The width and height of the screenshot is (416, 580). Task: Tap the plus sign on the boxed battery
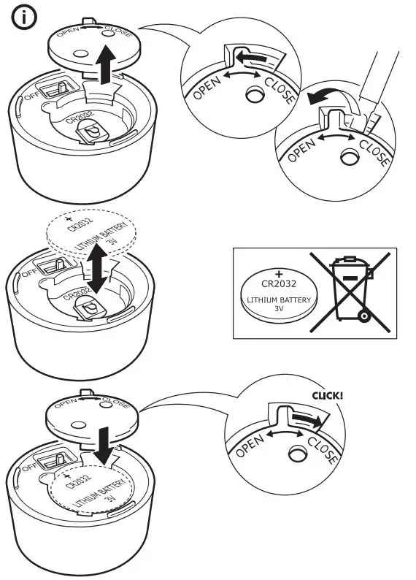(278, 272)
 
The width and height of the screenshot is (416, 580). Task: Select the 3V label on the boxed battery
(278, 309)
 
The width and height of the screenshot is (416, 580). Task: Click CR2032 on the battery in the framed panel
(278, 283)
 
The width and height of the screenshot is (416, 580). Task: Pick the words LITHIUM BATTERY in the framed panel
(278, 299)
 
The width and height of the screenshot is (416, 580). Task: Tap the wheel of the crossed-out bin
(363, 315)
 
